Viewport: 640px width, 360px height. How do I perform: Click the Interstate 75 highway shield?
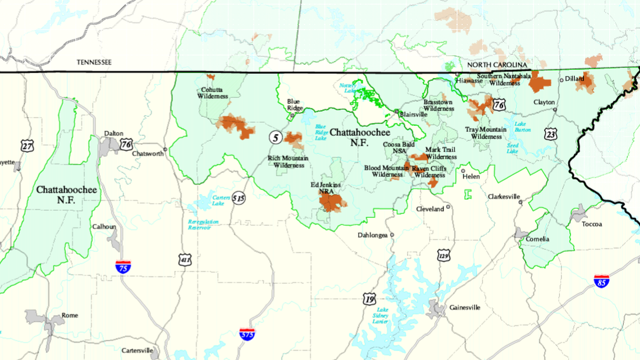coord(123,266)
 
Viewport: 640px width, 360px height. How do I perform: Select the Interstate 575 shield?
coord(246,334)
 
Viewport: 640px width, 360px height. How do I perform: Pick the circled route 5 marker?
coord(275,136)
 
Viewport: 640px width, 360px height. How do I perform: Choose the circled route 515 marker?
coord(240,198)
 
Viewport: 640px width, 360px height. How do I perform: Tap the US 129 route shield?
coord(444,256)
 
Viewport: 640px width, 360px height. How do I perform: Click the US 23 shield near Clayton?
coord(550,133)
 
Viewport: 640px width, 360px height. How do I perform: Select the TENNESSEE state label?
coord(94,62)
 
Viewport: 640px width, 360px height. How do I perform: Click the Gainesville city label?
coord(464,308)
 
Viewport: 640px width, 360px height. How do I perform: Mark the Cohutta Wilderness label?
coord(213,93)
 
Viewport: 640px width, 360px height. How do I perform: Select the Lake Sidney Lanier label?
coord(382,316)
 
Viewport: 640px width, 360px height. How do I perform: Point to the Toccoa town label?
coord(592,224)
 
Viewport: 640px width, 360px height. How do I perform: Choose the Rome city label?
coord(70,316)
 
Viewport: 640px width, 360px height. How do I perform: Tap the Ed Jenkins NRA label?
coord(326,188)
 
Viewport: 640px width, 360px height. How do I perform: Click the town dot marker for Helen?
coord(463,171)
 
